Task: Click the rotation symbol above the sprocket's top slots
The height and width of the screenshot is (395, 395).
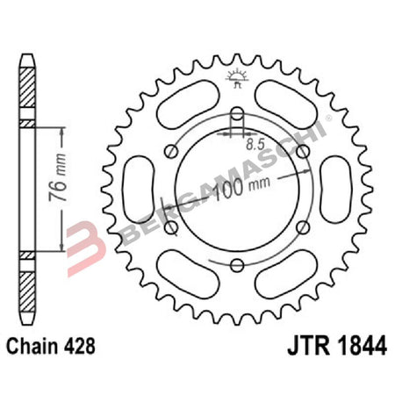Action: coord(237,78)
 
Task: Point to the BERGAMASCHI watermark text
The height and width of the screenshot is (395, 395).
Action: coord(219,189)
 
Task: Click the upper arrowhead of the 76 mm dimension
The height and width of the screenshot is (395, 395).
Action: coord(61,128)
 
